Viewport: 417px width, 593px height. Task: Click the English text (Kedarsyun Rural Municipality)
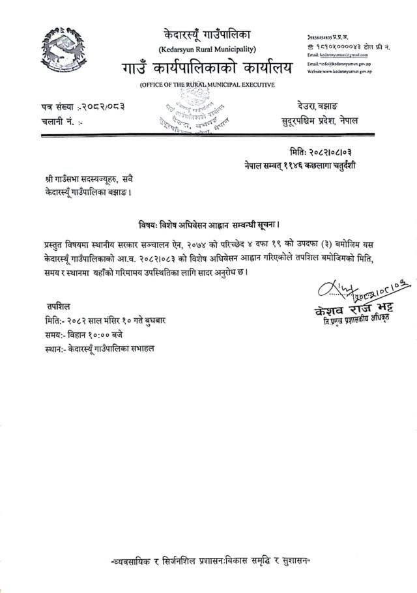pos(207,50)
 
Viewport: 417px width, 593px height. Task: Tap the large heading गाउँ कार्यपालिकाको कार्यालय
pos(207,68)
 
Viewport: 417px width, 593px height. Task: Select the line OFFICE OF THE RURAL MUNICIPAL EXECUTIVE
pos(207,85)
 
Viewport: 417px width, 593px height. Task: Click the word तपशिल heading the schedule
pos(58,306)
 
